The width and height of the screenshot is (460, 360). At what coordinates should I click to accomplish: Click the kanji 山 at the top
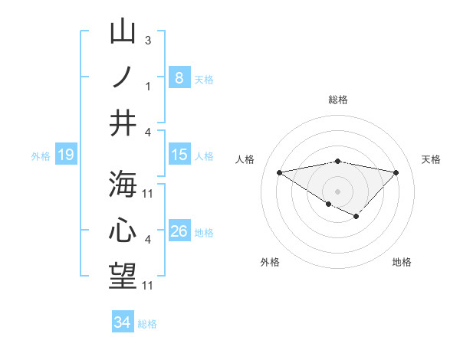tap(123, 33)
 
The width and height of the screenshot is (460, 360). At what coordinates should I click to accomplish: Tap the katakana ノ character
tap(123, 77)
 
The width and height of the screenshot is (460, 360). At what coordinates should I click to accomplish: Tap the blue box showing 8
tap(179, 77)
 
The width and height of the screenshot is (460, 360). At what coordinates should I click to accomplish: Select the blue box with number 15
tap(179, 155)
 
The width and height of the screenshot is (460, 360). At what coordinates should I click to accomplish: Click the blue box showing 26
tap(179, 231)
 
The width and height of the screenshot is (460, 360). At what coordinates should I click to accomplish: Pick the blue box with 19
tap(65, 155)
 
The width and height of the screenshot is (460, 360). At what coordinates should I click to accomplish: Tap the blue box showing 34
tap(122, 322)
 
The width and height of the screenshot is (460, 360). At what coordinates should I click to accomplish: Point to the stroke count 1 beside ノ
tap(147, 86)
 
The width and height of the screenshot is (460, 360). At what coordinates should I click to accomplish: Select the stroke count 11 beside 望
tap(149, 286)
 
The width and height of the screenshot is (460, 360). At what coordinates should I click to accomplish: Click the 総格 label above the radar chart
tap(338, 100)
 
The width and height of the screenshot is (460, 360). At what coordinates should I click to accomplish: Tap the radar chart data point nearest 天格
tap(396, 172)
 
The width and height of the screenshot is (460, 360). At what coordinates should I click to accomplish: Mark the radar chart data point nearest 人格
tap(280, 172)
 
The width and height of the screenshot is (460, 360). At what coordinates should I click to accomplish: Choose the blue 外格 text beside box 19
tap(41, 156)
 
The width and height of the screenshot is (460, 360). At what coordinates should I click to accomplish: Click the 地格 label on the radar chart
tap(402, 262)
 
